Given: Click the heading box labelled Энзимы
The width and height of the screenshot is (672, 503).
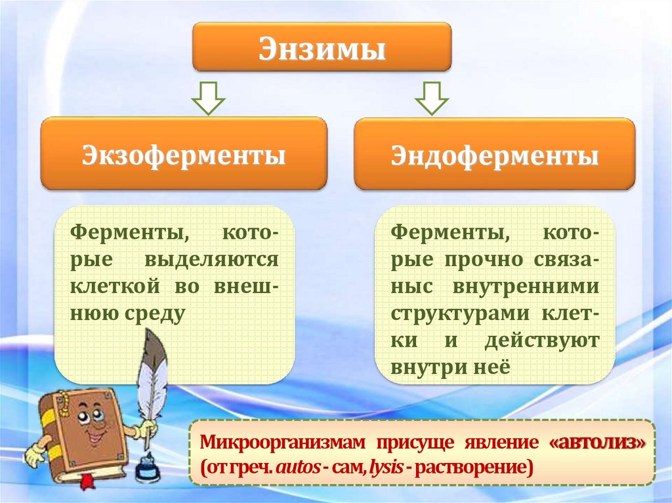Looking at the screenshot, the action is click(x=322, y=48).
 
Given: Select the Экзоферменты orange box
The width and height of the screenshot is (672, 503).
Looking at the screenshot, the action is click(x=183, y=155).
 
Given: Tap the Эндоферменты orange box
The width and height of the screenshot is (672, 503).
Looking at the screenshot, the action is click(x=494, y=155).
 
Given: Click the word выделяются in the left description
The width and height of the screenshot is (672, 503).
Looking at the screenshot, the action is click(x=211, y=260).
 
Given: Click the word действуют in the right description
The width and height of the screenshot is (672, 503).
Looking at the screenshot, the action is click(x=541, y=340).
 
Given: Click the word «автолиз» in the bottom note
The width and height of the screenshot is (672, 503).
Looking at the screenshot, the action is click(x=597, y=443).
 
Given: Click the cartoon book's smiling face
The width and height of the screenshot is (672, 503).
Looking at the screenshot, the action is click(x=92, y=426).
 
